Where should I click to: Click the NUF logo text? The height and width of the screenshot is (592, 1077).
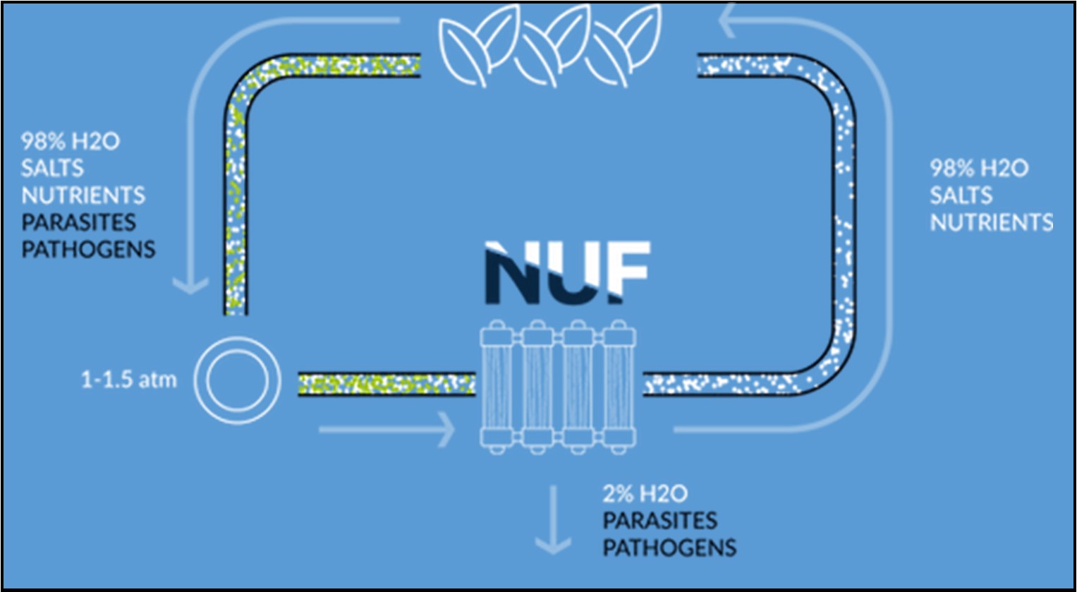(567, 272)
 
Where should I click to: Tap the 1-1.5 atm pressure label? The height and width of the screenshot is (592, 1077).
(128, 380)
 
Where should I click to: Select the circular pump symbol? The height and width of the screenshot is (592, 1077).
(237, 380)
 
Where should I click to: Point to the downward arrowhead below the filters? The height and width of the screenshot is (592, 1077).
(552, 544)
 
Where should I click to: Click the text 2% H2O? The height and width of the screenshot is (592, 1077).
(645, 493)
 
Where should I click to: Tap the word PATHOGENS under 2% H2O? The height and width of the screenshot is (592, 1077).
(669, 548)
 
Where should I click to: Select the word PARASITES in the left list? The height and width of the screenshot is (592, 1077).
(78, 222)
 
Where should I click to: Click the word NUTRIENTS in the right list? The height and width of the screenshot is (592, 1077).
(991, 222)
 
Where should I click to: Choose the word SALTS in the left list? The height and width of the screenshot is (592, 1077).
(52, 168)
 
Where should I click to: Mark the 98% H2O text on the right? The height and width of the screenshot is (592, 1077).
(979, 168)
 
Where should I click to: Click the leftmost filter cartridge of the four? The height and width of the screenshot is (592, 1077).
(497, 385)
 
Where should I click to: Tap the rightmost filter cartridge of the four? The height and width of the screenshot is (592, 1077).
(620, 385)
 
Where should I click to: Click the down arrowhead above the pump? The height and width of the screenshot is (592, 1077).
(190, 284)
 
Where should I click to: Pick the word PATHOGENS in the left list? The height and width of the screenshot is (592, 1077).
(88, 249)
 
